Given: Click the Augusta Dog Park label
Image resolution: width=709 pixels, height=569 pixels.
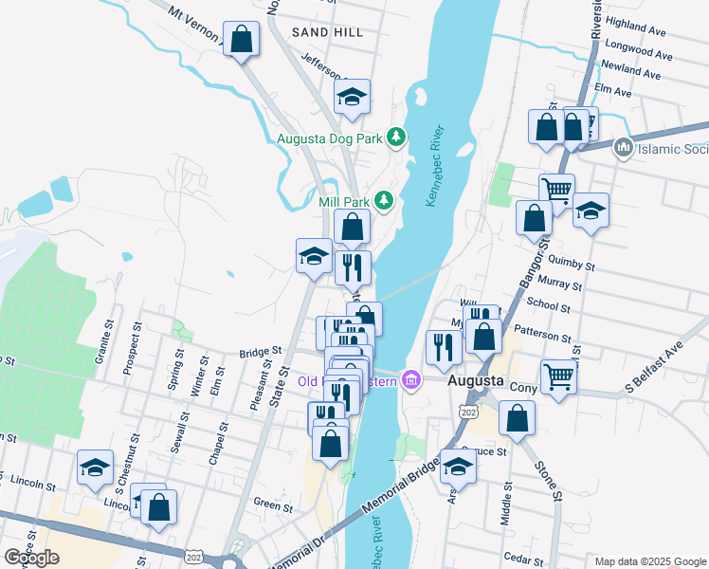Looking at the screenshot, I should click(329, 138).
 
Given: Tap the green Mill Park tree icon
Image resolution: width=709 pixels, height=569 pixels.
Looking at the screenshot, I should click(384, 200).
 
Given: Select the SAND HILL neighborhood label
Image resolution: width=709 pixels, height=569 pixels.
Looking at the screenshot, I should click(328, 32).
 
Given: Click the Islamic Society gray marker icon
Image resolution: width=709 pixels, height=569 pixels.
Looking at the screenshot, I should click(623, 147).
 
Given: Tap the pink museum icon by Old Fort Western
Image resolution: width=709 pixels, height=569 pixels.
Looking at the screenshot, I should click(410, 380).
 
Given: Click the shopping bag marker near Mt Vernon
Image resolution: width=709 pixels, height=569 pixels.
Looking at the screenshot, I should click(242, 41).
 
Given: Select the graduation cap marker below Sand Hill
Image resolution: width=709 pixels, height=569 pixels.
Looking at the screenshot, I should click(352, 97).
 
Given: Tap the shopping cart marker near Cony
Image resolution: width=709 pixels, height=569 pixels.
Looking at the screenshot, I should click(558, 376).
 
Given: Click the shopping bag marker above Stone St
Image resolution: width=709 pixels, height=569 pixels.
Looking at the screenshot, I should click(517, 418).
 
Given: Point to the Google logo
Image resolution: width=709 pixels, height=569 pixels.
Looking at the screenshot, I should click(31, 558).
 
